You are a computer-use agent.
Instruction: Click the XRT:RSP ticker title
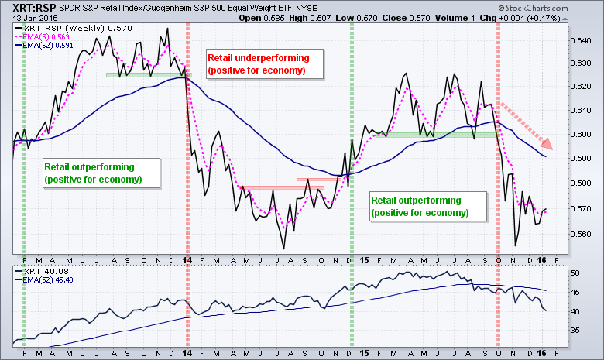tap(32, 6)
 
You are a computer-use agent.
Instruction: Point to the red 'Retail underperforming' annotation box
tap(257, 63)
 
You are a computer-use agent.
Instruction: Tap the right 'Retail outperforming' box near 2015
tap(420, 205)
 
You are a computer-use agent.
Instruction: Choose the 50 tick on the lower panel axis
tap(573, 273)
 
